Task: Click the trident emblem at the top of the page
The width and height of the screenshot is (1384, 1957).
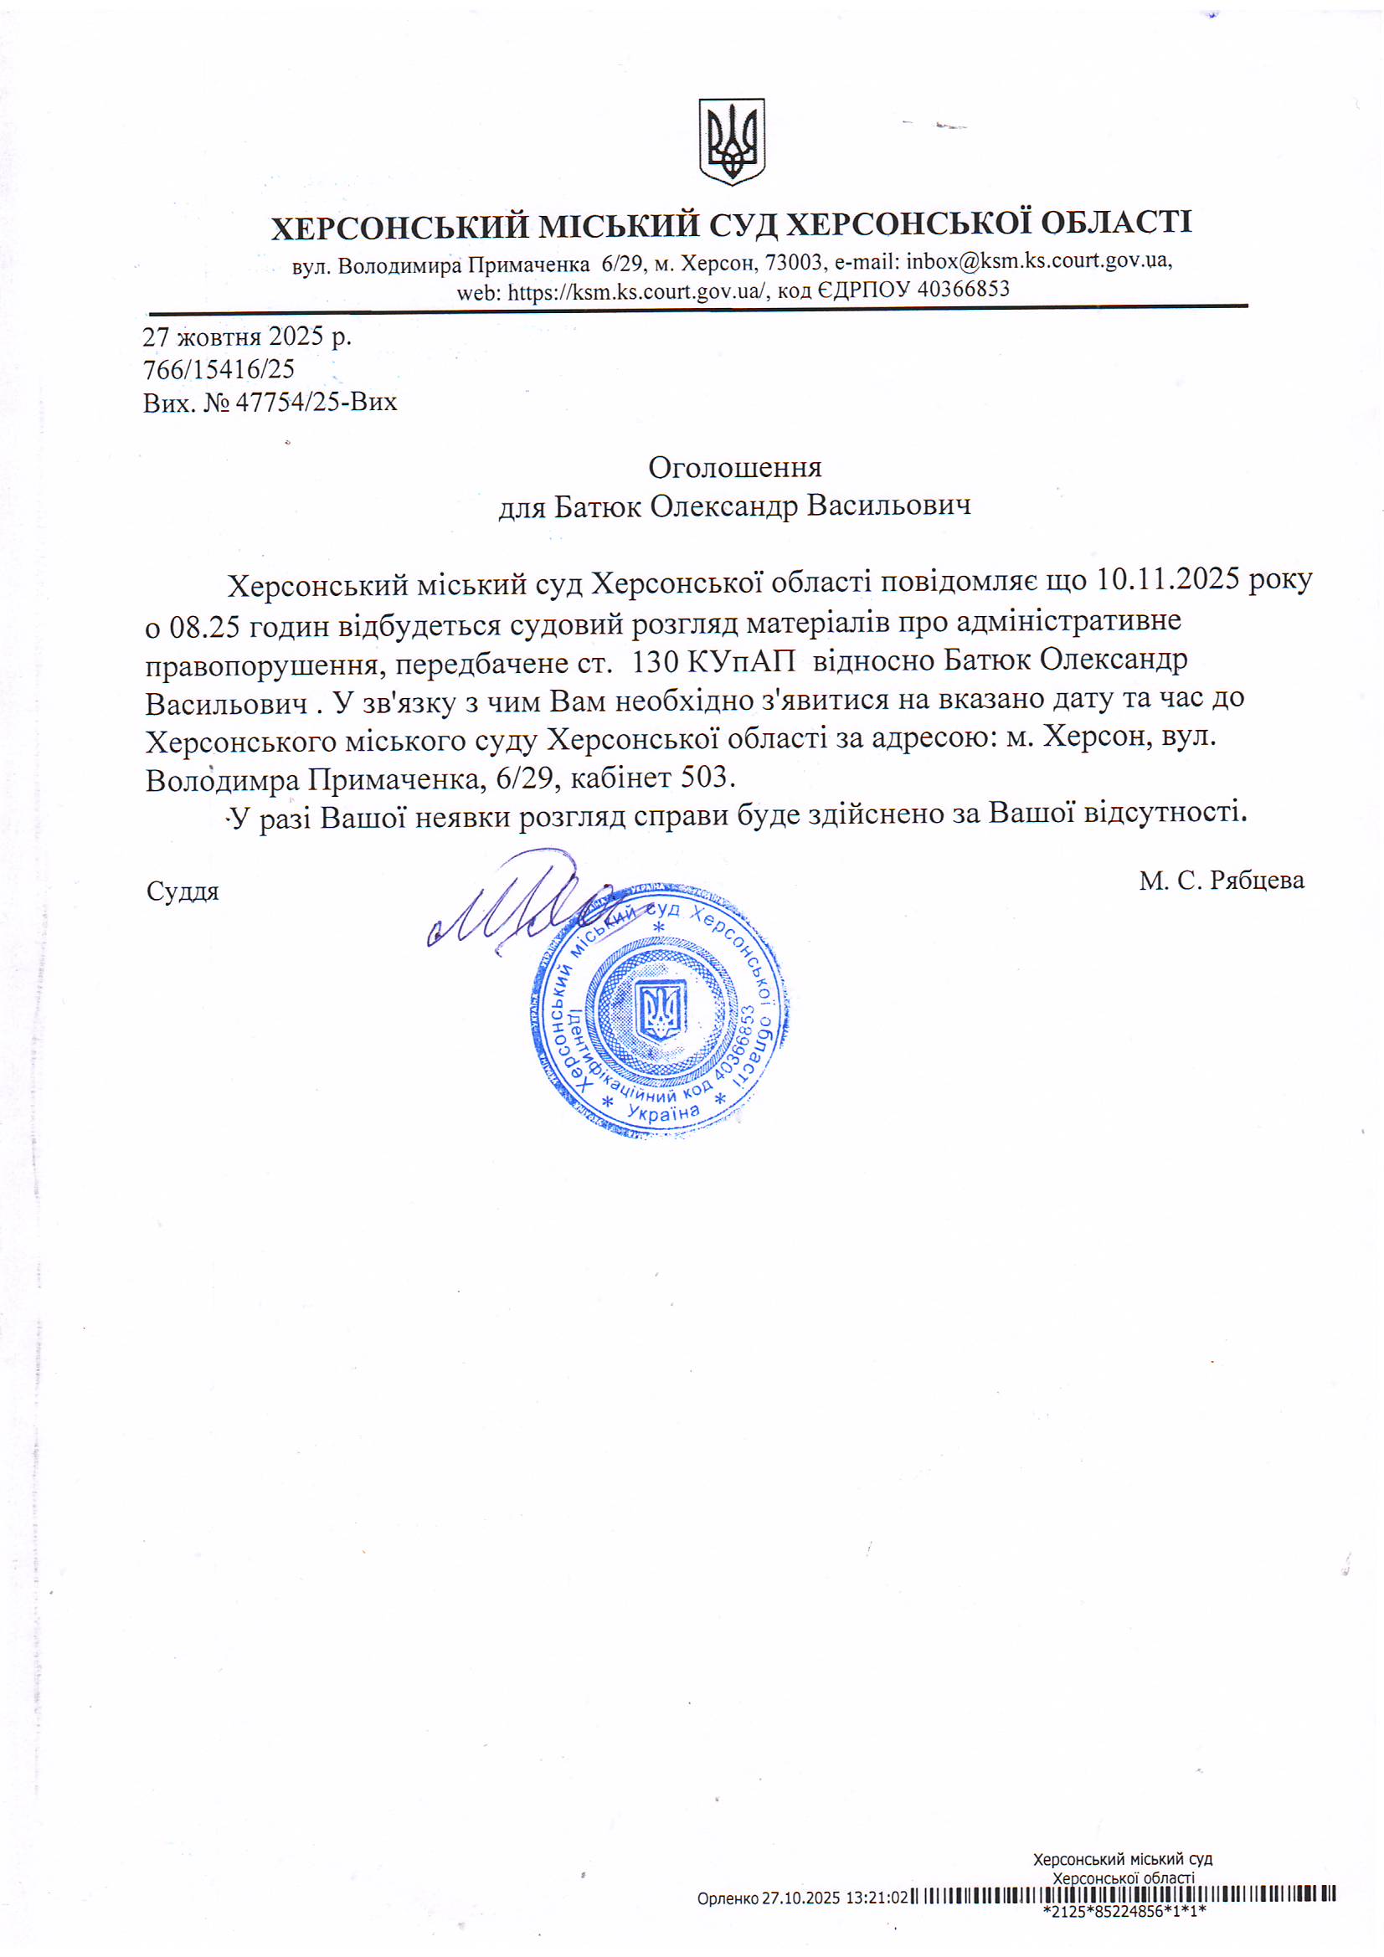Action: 731,141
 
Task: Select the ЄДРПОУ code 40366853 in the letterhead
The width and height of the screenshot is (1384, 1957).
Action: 963,290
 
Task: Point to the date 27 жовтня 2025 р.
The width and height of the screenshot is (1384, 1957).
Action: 246,337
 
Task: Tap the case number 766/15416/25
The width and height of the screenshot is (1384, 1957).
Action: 219,370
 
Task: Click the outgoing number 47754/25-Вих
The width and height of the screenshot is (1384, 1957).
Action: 316,403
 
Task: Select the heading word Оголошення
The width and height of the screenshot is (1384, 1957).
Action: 734,467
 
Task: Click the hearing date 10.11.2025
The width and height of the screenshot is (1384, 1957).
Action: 1167,579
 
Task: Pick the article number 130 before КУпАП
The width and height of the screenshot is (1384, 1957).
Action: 655,661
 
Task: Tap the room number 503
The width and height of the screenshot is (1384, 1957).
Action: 705,778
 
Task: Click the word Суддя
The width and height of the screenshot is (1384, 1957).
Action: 183,891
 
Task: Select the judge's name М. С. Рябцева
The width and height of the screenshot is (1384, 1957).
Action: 1221,881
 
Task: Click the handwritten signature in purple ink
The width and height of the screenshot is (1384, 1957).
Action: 512,903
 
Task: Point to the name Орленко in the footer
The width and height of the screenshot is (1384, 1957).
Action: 727,1898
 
